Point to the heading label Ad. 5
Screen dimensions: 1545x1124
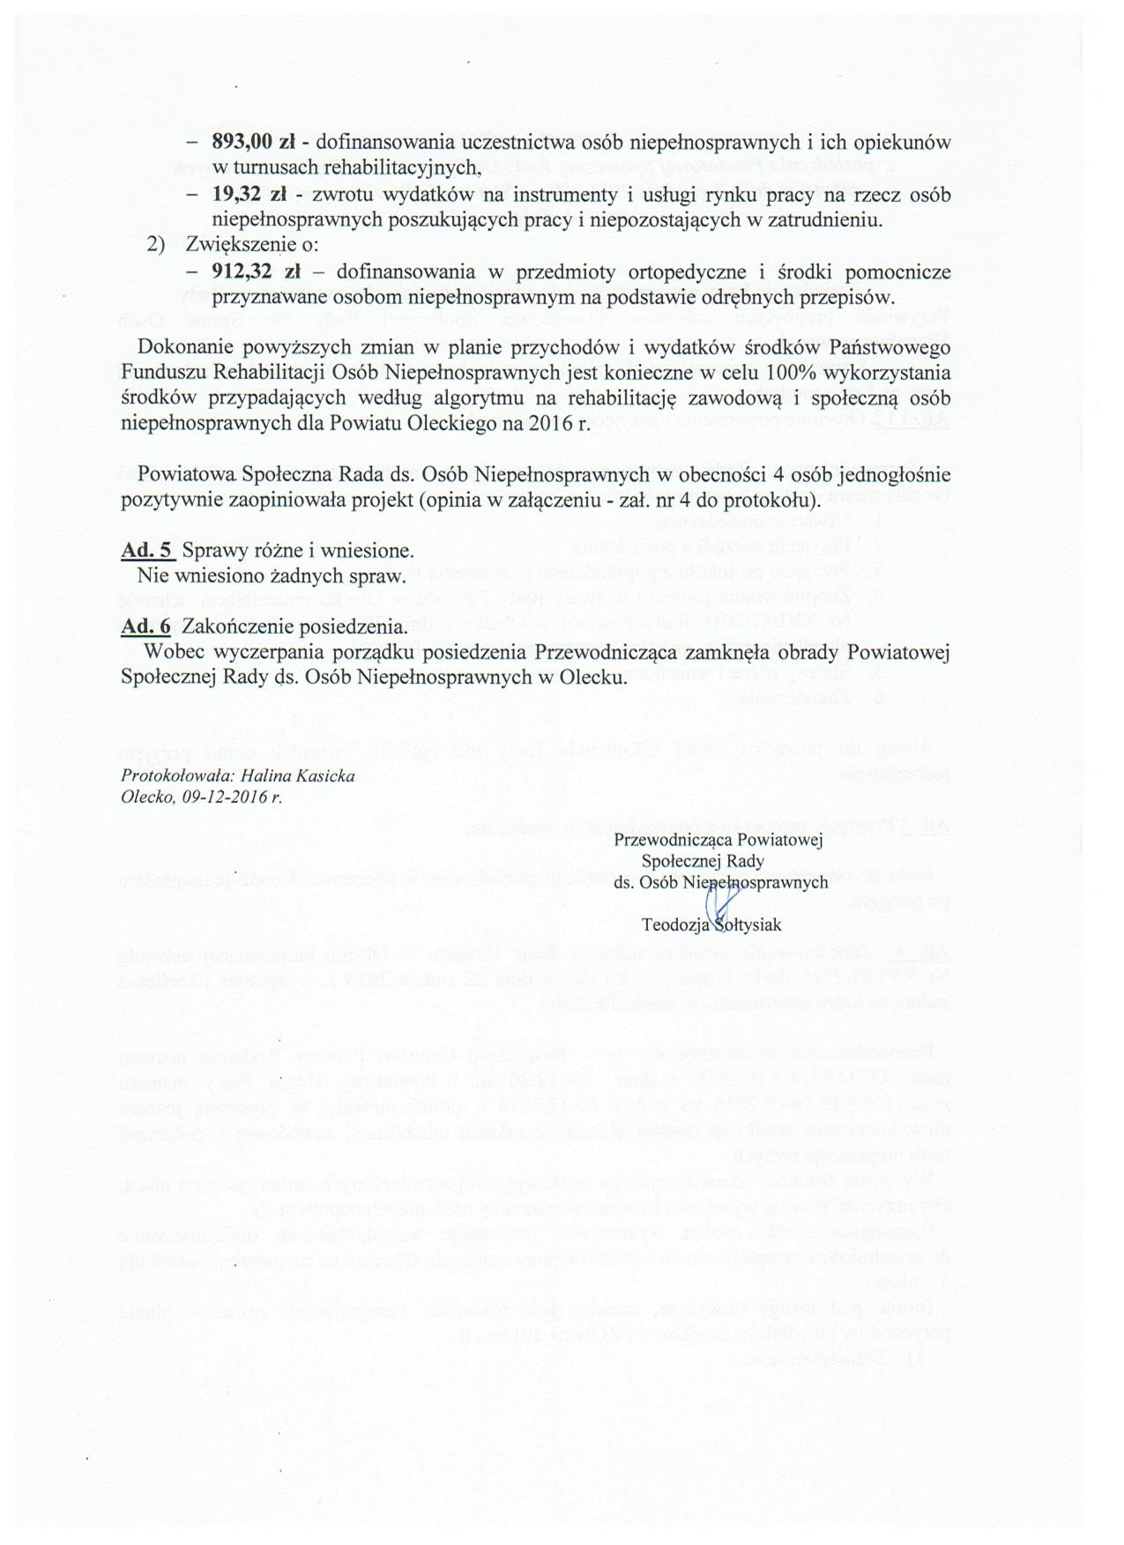pyautogui.click(x=145, y=552)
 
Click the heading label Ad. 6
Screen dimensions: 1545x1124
pyautogui.click(x=145, y=628)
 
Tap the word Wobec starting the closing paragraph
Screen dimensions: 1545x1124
pyautogui.click(x=168, y=653)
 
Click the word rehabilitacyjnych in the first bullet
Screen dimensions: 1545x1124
pyautogui.click(x=413, y=167)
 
